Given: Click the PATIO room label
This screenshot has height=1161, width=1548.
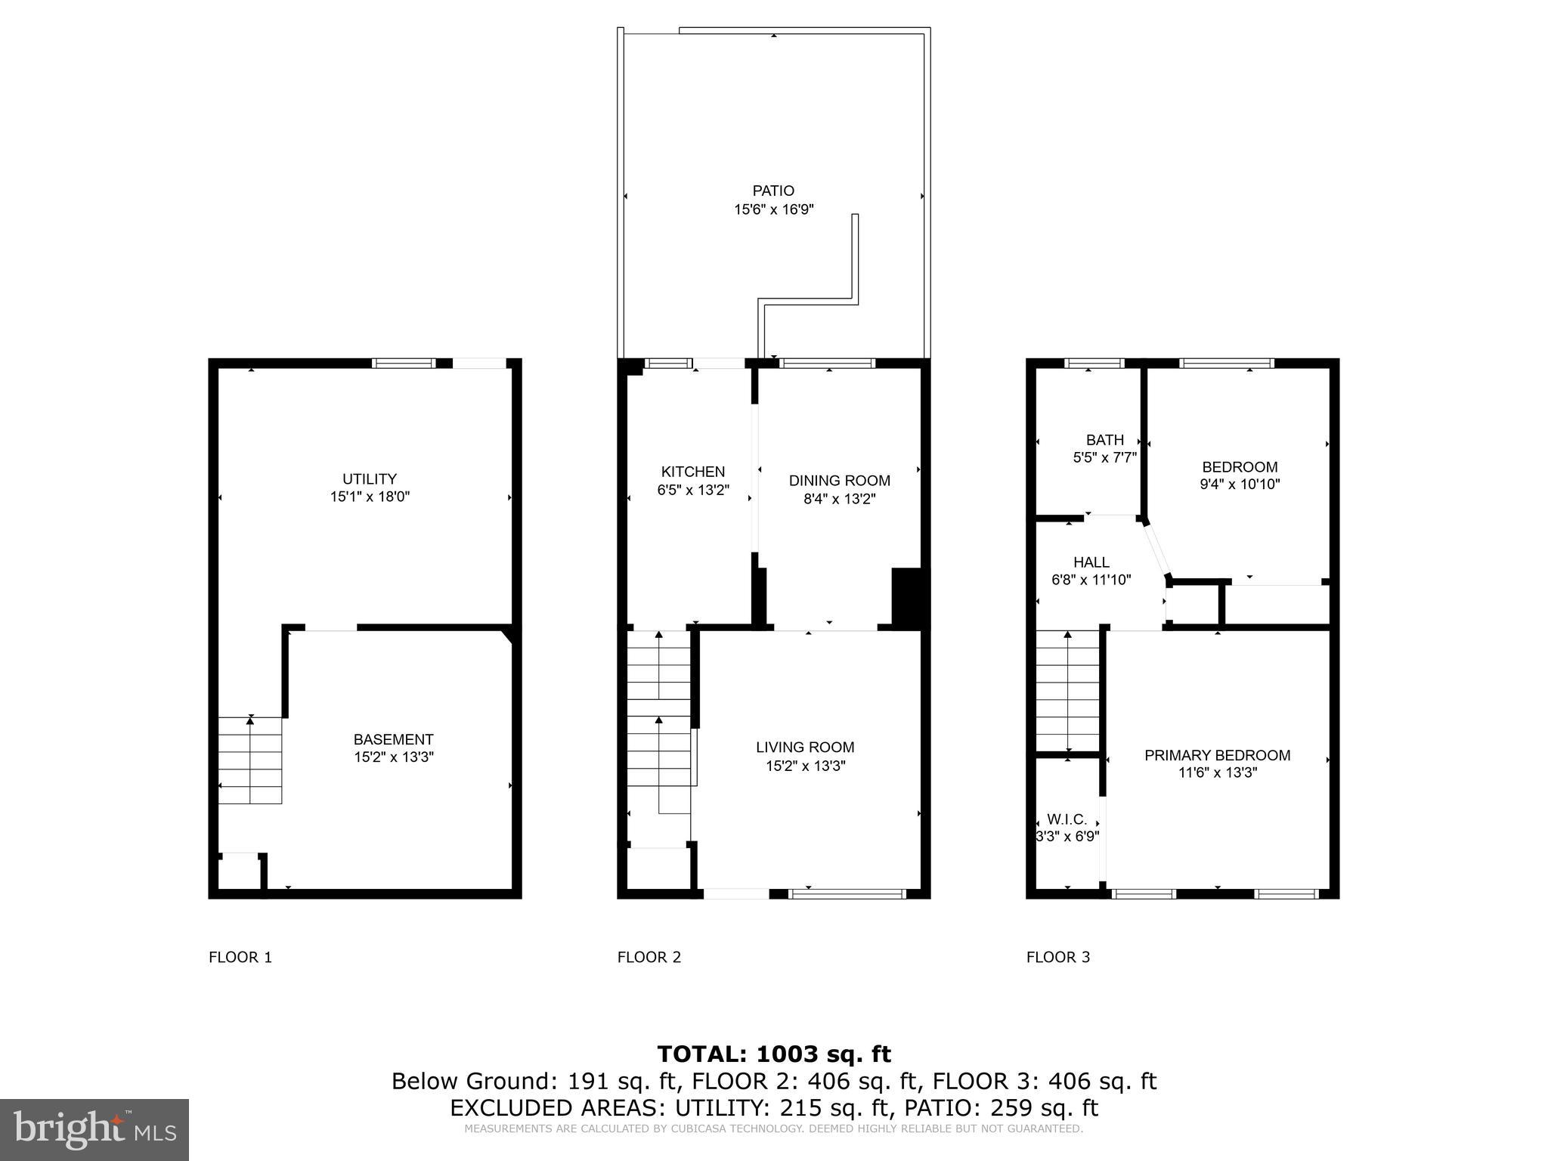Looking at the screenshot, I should [x=773, y=191].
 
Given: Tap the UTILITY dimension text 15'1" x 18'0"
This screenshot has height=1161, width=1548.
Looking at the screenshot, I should [x=370, y=497].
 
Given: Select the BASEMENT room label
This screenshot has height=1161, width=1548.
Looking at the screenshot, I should [x=393, y=739].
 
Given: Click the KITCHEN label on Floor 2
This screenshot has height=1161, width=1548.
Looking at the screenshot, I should [x=692, y=472].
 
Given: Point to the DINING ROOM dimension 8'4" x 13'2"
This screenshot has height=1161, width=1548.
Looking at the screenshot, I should [x=839, y=499].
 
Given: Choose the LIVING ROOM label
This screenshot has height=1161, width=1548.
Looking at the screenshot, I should [x=805, y=748].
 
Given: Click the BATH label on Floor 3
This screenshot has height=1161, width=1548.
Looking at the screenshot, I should [x=1104, y=440].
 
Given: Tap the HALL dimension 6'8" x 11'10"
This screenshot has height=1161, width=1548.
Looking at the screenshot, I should [x=1091, y=580].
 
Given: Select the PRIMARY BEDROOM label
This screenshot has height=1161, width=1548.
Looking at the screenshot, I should [x=1217, y=755].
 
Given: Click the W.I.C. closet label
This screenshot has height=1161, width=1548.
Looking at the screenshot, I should [x=1067, y=819].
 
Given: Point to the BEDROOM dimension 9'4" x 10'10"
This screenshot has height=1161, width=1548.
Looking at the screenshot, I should [x=1240, y=485].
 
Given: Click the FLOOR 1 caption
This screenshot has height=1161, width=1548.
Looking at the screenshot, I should [x=240, y=957].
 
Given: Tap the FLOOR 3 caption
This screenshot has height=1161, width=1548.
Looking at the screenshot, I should [x=1058, y=957].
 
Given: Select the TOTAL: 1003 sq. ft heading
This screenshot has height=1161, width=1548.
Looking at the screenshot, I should [x=773, y=1054].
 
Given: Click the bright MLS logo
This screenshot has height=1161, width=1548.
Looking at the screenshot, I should [x=94, y=1129].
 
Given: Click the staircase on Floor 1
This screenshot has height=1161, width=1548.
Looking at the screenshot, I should [x=250, y=760].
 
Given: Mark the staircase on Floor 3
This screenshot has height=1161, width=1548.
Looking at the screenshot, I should [x=1067, y=691].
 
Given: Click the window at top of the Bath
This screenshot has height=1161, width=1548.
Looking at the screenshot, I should [x=1094, y=364].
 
